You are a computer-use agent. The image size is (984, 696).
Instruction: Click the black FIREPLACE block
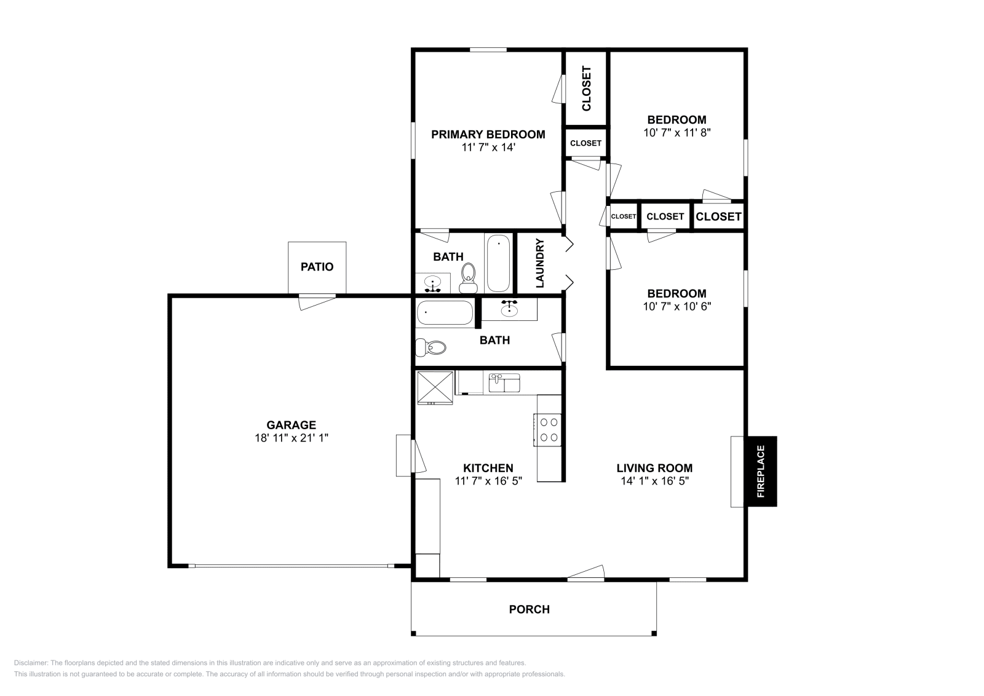click(762, 471)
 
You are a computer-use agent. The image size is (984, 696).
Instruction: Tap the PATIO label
click(317, 267)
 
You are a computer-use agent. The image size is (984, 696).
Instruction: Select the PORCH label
click(530, 609)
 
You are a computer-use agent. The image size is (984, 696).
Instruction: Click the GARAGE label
click(292, 425)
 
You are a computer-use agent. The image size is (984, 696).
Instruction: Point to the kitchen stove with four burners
click(547, 430)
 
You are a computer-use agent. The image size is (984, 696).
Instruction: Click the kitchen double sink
click(505, 383)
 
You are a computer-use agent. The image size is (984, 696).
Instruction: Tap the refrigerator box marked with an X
click(435, 387)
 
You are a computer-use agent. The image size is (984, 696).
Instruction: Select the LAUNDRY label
click(540, 263)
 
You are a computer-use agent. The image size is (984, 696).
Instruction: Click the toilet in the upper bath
click(469, 278)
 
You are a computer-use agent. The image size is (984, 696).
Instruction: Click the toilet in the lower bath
click(430, 347)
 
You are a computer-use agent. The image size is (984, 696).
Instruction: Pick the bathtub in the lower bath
click(445, 313)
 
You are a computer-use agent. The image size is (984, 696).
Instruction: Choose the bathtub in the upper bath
click(499, 263)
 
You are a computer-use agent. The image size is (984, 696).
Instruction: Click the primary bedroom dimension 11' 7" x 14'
click(488, 147)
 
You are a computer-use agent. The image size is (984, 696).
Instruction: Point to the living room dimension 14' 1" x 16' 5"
click(654, 481)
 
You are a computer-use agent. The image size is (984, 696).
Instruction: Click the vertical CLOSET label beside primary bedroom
click(587, 89)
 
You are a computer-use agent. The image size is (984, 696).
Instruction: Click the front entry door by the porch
click(586, 572)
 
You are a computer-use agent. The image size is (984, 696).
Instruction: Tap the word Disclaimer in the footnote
click(31, 663)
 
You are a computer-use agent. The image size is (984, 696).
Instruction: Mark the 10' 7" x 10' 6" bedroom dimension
click(677, 306)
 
